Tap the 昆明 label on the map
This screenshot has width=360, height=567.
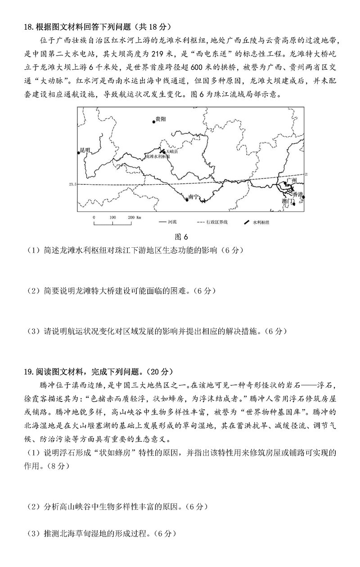coord(85,149)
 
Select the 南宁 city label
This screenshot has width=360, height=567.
coord(193,196)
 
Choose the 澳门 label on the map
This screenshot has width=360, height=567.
coord(288,201)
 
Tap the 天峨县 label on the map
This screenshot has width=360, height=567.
coord(172,152)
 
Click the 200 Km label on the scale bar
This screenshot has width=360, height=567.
coord(135,217)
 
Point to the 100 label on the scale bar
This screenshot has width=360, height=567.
coord(112,217)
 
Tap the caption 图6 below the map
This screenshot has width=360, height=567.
coord(181,237)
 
